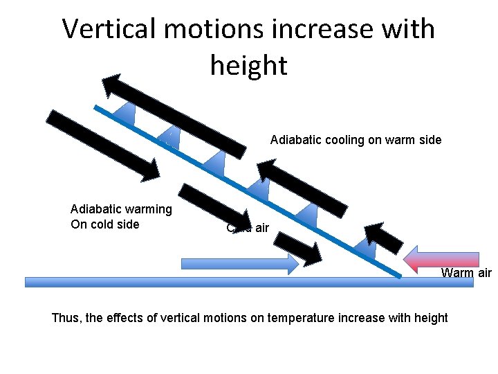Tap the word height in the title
pos(248,65)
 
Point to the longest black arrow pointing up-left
pos(174,115)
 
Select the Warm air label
pos(466,273)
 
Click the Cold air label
pos(248,228)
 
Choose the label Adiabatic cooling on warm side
pos(356,140)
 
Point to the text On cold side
pos(105,224)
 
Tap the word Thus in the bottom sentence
pos(66,318)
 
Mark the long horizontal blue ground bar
pos(249,282)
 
